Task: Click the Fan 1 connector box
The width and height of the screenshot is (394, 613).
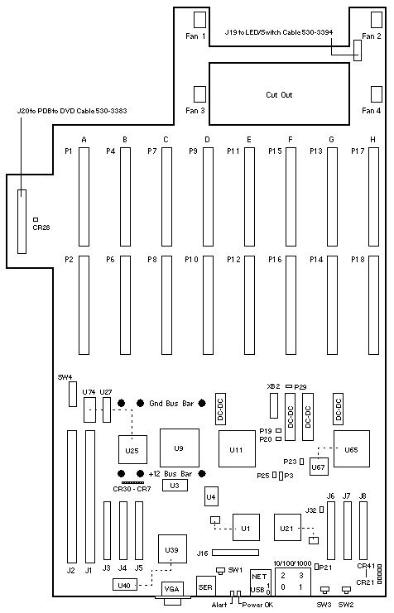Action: point(199,20)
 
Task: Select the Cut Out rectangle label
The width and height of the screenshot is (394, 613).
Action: point(279,94)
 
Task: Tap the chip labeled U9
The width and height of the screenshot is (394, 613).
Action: point(179,448)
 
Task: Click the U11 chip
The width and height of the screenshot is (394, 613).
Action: point(237,449)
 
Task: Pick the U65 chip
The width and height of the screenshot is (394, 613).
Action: point(351,449)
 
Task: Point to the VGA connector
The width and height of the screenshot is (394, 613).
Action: point(172,591)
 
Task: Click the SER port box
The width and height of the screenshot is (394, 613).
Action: point(205,586)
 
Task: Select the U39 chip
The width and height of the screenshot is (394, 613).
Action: point(172,548)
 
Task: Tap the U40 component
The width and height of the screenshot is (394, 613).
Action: point(124,585)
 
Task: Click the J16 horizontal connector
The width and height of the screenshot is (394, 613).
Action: point(235,553)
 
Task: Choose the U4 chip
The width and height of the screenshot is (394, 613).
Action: point(211,496)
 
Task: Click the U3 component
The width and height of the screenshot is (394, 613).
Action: point(175,485)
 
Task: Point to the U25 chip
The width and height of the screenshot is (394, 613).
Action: point(132,449)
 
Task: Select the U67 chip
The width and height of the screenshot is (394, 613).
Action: point(319,466)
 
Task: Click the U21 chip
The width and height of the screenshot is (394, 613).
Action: point(287,528)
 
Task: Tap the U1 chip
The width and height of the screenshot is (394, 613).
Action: point(246,528)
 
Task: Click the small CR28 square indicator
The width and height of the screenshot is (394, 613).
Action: point(36,220)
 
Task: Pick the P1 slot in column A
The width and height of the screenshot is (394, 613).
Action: point(84,197)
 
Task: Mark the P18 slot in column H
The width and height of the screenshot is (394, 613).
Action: point(374,305)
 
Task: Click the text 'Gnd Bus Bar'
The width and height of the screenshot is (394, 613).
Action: point(171,403)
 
